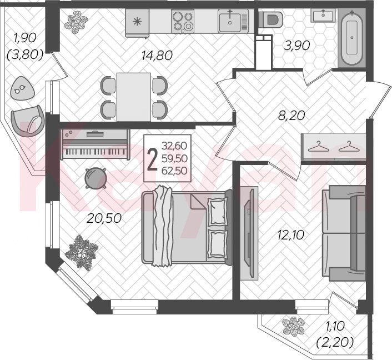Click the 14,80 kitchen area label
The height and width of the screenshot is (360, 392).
[x=157, y=56]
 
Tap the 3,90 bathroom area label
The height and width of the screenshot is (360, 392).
[x=297, y=46]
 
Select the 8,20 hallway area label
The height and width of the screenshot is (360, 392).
[x=292, y=116]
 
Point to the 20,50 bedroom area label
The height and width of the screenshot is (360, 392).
[x=104, y=218]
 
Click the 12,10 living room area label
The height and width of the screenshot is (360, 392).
[x=291, y=235]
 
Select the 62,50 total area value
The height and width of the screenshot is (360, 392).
[x=174, y=171]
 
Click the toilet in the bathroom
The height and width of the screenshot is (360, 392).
[x=271, y=19]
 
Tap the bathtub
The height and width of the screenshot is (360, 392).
[x=352, y=38]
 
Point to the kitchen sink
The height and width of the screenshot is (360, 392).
[x=233, y=21]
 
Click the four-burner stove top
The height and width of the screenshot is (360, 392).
[x=183, y=21]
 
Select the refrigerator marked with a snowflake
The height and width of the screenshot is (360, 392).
[x=137, y=23]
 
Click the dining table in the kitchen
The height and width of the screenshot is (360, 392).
[x=134, y=97]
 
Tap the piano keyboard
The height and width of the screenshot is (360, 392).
[x=95, y=152]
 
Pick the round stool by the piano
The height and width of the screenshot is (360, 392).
[x=96, y=178]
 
